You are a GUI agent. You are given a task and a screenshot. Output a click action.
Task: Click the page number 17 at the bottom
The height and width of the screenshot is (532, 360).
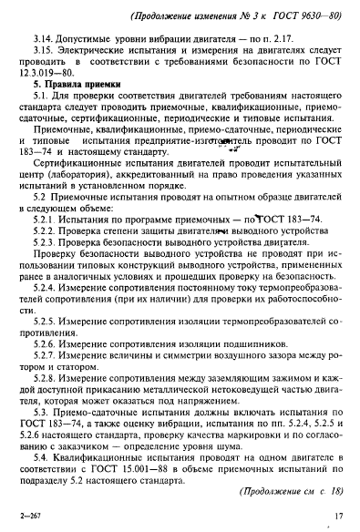coord(337,518)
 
